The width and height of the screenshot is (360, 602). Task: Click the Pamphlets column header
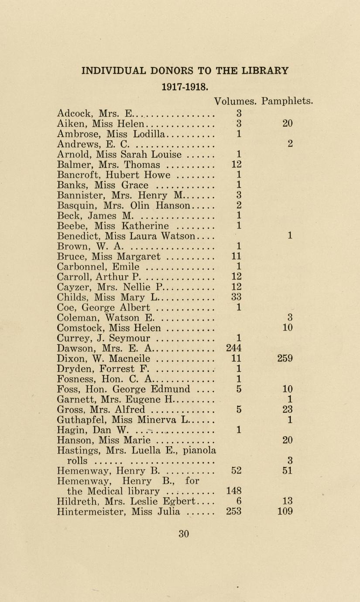coord(287,101)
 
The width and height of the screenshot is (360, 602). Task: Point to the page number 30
coord(184,533)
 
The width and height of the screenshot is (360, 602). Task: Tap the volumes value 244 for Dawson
coord(234,348)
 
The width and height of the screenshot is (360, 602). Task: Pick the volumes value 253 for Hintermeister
coord(234,511)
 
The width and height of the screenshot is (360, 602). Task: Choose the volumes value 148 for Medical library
coord(234,491)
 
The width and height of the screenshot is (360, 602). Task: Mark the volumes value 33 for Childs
coord(237,297)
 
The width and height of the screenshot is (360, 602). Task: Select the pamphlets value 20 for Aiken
coord(287,123)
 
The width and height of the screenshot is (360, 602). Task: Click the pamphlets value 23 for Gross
coord(288,409)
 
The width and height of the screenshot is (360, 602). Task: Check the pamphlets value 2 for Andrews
coord(290,144)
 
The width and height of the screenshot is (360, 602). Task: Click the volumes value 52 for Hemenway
coord(237,470)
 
